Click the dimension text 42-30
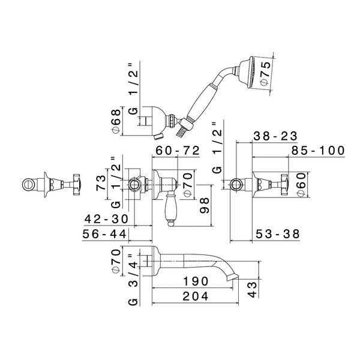pyautogui.click(x=107, y=220)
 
